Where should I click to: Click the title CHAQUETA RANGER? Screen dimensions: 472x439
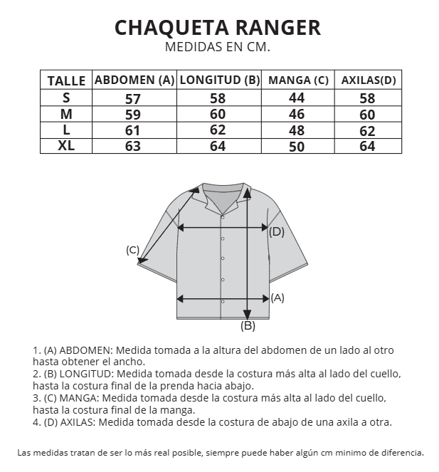(218, 28)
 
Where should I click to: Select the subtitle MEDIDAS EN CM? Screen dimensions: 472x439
(218, 48)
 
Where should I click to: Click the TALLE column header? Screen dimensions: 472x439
(66, 80)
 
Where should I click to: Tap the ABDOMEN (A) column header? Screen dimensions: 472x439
(134, 80)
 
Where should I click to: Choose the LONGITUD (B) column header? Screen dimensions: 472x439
(219, 80)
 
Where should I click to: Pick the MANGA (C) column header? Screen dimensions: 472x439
(298, 80)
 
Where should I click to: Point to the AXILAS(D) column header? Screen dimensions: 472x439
(368, 80)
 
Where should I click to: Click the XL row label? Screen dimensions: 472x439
(66, 146)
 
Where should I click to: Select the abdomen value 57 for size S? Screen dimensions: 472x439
(133, 99)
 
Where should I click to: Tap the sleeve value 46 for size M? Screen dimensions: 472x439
(297, 115)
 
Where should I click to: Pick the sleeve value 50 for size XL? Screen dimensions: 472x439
(297, 147)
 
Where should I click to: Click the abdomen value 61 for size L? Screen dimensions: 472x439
(133, 131)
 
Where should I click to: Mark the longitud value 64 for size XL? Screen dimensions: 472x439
(218, 147)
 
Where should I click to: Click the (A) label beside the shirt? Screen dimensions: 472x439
(277, 298)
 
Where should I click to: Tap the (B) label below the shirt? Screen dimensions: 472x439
(248, 326)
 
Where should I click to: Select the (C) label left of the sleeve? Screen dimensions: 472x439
(132, 250)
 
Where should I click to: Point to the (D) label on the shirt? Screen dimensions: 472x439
(277, 231)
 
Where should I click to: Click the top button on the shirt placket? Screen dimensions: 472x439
(223, 238)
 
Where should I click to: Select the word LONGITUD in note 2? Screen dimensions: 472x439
(85, 374)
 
